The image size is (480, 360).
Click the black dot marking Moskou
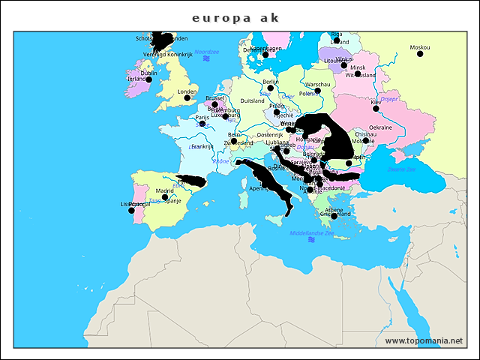click(420, 54)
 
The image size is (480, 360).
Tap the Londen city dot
click(187, 97)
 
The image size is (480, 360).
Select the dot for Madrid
click(165, 197)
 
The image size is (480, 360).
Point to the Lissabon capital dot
click(131, 210)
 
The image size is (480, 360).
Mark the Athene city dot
click(334, 216)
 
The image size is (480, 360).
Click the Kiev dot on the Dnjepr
click(376, 108)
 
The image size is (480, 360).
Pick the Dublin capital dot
click(148, 79)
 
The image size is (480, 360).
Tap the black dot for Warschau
click(318, 91)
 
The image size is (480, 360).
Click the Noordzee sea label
click(205, 52)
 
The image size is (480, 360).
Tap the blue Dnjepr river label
click(389, 99)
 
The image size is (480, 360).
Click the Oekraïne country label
click(380, 127)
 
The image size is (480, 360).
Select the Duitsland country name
click(252, 100)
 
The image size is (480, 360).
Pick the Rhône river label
click(220, 161)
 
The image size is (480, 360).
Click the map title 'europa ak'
click(235, 16)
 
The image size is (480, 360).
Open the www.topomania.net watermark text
click(424, 340)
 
